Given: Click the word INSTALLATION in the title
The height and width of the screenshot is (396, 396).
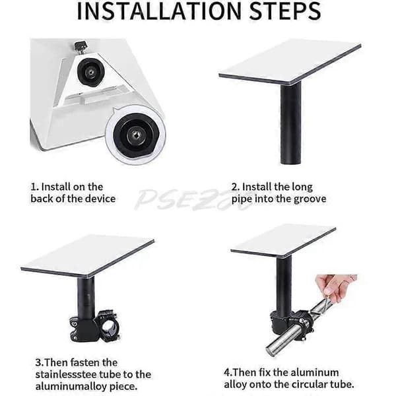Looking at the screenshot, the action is (159, 11).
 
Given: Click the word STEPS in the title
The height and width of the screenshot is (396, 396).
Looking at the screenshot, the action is (285, 11).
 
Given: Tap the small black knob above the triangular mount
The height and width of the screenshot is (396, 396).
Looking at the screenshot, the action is (81, 48).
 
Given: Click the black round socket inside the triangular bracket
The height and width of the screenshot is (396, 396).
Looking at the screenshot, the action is (90, 73).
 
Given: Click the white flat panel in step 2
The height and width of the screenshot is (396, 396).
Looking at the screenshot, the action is (290, 61).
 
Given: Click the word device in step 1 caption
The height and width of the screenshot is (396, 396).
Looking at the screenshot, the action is (100, 199).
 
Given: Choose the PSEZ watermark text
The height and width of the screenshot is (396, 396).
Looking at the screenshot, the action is (192, 199).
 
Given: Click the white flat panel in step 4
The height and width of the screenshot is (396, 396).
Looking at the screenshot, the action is (283, 240).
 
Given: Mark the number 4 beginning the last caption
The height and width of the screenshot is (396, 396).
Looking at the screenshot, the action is (227, 372).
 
